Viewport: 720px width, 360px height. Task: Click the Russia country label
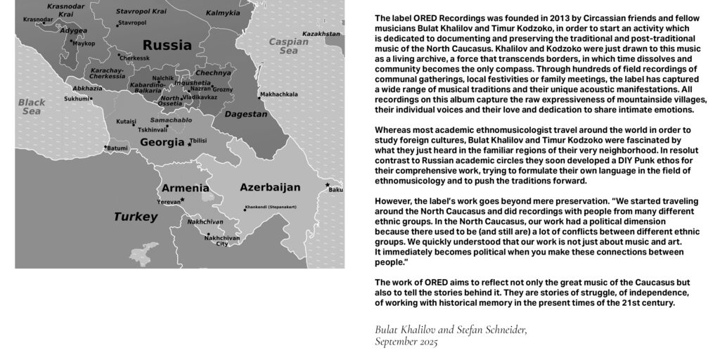tap(167, 46)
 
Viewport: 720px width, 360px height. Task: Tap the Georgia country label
tap(162, 143)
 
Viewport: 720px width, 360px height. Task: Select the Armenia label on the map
tap(185, 188)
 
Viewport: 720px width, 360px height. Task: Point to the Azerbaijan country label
tap(270, 187)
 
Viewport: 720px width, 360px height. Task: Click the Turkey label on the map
tap(136, 217)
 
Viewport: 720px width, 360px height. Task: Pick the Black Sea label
tap(32, 107)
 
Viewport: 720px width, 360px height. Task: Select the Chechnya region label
tap(213, 72)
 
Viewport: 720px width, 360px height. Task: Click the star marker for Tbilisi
tap(190, 143)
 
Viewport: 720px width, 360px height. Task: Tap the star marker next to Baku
tap(328, 185)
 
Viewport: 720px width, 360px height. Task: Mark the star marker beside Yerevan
tap(183, 200)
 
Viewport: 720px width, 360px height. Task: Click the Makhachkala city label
tap(278, 94)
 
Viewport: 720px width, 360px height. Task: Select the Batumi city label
tap(117, 148)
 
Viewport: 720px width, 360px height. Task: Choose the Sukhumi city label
tap(77, 98)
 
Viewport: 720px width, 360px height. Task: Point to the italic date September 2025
tap(406, 342)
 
